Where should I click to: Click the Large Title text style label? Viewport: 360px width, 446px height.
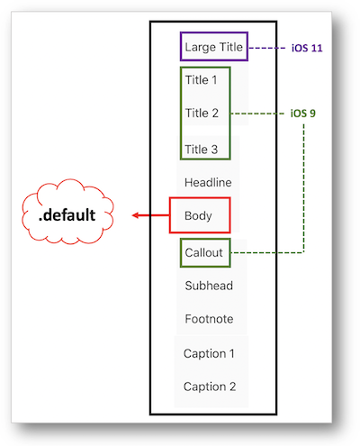(x=213, y=48)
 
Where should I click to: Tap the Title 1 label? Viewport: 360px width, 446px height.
(x=201, y=80)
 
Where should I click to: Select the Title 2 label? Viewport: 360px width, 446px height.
(x=202, y=113)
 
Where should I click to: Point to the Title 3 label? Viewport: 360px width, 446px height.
(x=201, y=150)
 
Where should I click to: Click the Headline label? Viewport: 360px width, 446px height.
(x=208, y=182)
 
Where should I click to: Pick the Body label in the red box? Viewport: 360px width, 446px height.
(x=198, y=216)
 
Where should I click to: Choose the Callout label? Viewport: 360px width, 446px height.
(x=203, y=252)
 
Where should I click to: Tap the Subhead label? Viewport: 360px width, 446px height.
(x=209, y=286)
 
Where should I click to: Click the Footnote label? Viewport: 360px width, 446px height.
(x=209, y=319)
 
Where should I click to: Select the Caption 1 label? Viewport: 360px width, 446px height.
(x=209, y=353)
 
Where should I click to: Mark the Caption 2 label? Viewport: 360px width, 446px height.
(x=210, y=387)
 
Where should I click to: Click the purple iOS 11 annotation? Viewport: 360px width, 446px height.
(x=307, y=48)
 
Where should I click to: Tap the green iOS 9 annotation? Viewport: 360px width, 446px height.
(x=303, y=114)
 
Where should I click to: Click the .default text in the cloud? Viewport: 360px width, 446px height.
(x=67, y=215)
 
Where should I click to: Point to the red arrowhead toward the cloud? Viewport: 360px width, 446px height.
(x=136, y=215)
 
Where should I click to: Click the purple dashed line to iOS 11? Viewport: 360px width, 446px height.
(x=267, y=48)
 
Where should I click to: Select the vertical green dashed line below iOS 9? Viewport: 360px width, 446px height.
(x=303, y=188)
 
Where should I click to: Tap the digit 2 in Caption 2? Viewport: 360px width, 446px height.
(x=232, y=387)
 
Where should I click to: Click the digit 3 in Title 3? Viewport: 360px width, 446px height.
(x=214, y=150)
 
